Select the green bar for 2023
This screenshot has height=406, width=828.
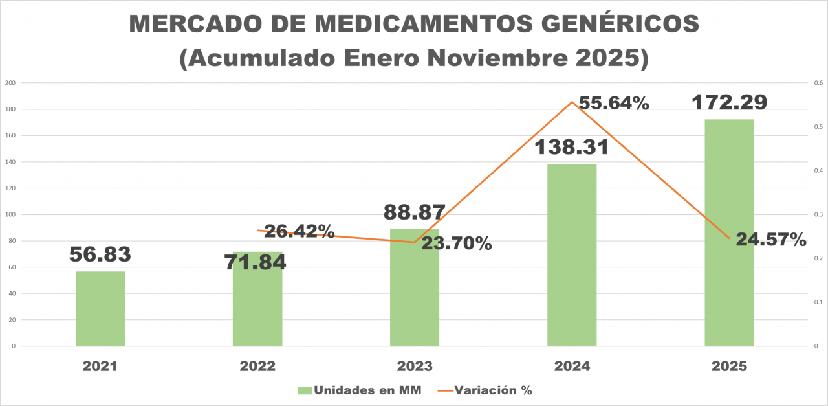[415, 288]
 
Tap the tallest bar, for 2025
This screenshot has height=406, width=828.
[729, 232]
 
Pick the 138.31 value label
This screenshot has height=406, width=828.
[572, 147]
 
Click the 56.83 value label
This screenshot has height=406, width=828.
[100, 254]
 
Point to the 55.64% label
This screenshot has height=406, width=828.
[614, 103]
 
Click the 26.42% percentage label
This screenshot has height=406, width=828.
[299, 231]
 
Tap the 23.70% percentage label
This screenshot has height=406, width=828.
[457, 243]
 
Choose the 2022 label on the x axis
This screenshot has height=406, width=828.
[257, 366]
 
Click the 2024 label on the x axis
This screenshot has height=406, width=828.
[572, 366]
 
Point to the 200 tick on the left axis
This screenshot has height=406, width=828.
[10, 83]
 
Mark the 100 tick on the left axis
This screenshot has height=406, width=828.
[10, 214]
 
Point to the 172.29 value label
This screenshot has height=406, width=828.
[729, 102]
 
